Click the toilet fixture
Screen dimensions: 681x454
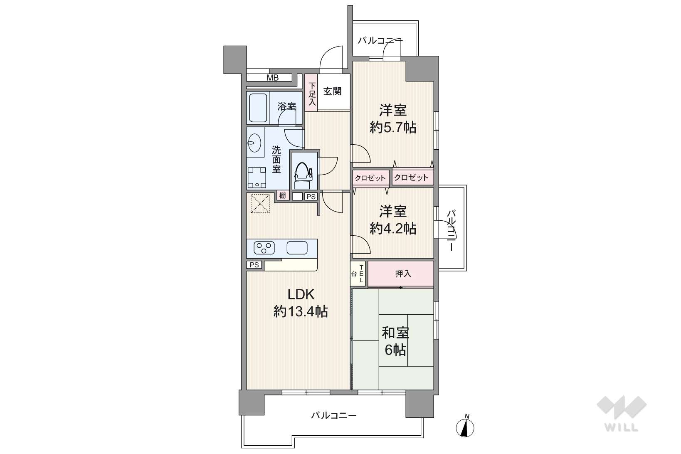(x=303, y=176)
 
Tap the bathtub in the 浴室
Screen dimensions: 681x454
(x=258, y=108)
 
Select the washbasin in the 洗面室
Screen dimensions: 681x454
(x=254, y=143)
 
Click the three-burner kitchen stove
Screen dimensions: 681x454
(x=264, y=248)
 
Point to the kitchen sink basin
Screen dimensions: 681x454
(x=297, y=248)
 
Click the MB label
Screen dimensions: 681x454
(x=272, y=78)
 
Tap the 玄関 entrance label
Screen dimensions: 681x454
(x=332, y=91)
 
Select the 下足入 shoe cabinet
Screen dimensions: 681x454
(x=311, y=92)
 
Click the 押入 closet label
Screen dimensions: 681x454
(x=403, y=274)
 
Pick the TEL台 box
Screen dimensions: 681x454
(x=358, y=274)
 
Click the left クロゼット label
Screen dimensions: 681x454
(x=370, y=178)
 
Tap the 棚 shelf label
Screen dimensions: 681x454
(x=283, y=195)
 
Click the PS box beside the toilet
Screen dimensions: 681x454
(x=311, y=197)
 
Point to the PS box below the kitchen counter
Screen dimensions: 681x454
(x=254, y=265)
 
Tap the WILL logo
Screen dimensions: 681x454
(x=621, y=414)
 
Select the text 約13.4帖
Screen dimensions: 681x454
(x=301, y=311)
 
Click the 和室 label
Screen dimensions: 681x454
(x=395, y=333)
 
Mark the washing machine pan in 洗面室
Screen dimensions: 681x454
(x=257, y=178)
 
